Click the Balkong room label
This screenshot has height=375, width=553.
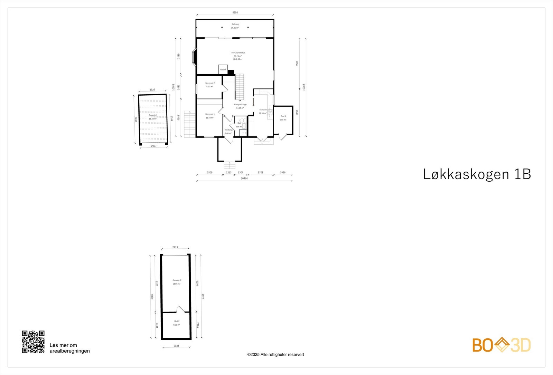point(235,25)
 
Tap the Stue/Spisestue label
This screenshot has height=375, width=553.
point(238,53)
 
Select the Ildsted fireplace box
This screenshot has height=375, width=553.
point(223,69)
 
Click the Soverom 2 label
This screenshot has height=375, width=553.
point(210,83)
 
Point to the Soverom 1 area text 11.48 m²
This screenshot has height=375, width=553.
point(210,118)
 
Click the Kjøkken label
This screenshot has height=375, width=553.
point(263,110)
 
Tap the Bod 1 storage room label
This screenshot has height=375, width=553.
point(283,116)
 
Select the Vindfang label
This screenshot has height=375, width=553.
point(228,130)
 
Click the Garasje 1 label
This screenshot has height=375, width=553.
point(153,115)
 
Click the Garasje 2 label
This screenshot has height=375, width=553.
point(177,280)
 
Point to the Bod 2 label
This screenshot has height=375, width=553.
point(177,321)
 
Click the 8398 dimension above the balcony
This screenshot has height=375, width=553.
point(235,12)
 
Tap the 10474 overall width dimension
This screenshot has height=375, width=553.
point(244,179)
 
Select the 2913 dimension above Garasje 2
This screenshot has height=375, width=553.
point(175,247)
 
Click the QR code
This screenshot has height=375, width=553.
point(33,342)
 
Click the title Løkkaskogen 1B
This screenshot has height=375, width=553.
point(477,174)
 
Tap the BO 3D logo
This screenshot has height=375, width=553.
point(501,345)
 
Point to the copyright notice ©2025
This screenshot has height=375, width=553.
point(275,355)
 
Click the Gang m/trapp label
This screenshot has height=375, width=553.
point(240,104)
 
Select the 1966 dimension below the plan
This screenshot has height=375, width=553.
point(283,172)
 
